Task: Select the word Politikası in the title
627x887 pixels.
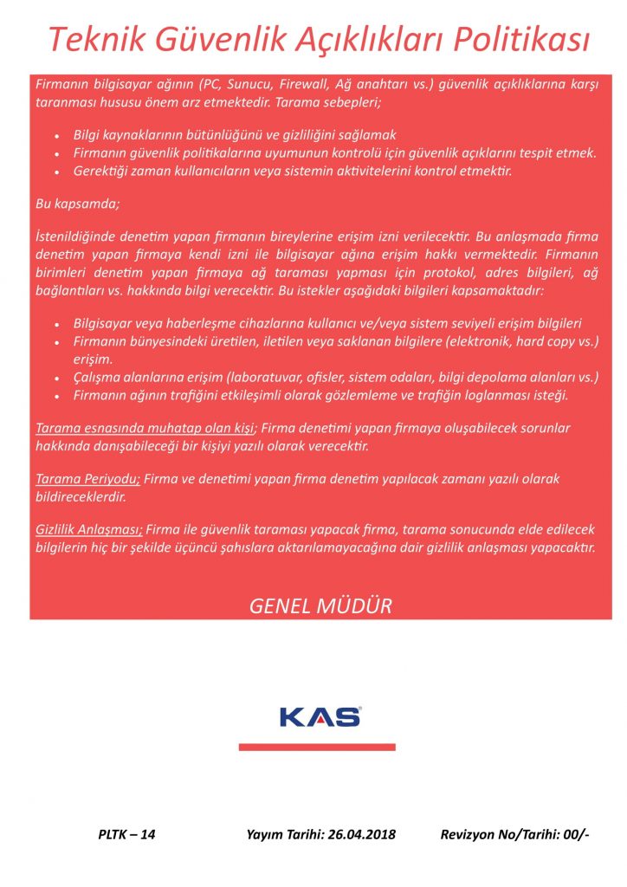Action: (x=520, y=39)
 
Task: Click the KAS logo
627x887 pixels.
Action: (x=320, y=717)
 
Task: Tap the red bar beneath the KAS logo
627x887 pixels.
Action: (x=317, y=747)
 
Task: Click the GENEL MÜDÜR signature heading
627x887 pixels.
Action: (x=320, y=605)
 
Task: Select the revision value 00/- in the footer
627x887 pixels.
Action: (x=575, y=835)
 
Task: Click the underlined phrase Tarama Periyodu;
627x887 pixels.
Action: (x=87, y=479)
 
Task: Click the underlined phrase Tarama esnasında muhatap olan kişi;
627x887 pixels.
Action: (x=146, y=429)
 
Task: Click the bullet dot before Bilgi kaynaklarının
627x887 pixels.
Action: (x=56, y=136)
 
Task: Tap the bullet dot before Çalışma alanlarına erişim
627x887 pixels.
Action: (x=56, y=379)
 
